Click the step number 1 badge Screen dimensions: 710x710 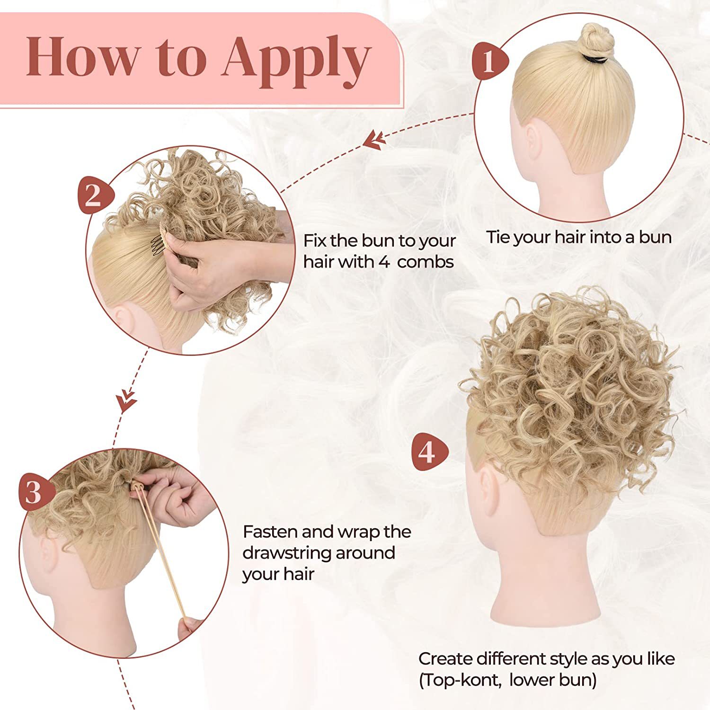[x=489, y=61]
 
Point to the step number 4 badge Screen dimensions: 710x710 [x=428, y=452]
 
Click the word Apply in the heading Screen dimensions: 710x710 [x=296, y=59]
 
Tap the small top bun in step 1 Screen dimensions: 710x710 [x=597, y=40]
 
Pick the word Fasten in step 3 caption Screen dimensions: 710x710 [x=270, y=532]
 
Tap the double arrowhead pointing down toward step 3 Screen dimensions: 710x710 [x=126, y=400]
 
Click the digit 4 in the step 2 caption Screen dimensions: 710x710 [x=384, y=262]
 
